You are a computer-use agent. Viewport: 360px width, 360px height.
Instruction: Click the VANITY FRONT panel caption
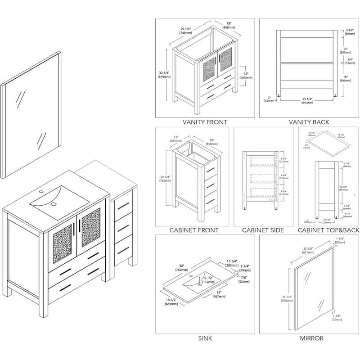205,122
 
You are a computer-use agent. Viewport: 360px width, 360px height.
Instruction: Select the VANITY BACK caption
308,122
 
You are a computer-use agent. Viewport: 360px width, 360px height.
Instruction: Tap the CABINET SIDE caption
263,230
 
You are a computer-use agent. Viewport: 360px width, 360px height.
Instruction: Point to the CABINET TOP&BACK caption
329,230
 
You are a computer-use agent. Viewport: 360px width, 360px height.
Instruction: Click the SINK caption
205,338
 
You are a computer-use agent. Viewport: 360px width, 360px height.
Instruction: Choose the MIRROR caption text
308,338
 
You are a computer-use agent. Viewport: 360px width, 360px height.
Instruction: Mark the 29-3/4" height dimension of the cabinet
164,179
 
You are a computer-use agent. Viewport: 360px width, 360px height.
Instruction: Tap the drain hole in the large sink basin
53,204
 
